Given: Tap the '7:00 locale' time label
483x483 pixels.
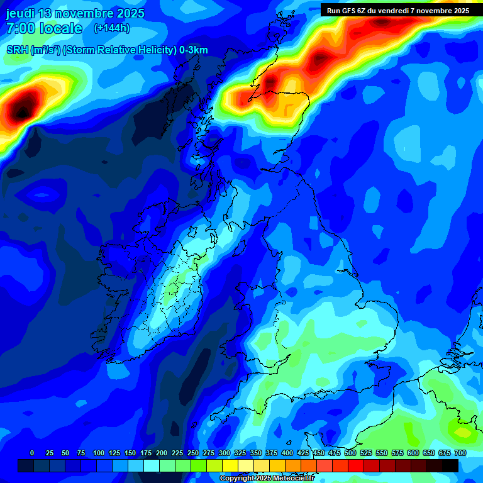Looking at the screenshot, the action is pos(44,28).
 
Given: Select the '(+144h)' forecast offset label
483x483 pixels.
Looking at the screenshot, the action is pos(112,28).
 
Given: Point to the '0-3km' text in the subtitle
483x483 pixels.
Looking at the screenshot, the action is pos(193,50).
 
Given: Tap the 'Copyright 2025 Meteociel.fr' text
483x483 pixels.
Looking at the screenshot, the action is pos(267,479).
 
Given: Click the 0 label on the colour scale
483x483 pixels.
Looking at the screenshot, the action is pos(32,453).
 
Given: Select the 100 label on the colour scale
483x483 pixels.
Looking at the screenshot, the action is pos(99,453).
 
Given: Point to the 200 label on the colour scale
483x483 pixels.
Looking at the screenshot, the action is pos(162,453).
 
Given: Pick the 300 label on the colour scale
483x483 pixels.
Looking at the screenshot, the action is pos(225,453).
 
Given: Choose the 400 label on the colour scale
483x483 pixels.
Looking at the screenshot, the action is pos(287,453).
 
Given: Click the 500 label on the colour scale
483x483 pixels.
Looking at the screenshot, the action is pos(350,453).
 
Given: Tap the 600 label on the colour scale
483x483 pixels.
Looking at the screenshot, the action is pos(413,453).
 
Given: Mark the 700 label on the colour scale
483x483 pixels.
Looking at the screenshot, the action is pos(460,453).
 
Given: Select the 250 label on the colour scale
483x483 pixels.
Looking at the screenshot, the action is pos(193,453).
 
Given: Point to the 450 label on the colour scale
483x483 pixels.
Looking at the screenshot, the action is pos(319,453).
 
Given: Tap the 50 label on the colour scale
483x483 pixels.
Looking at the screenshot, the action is pos(65,453).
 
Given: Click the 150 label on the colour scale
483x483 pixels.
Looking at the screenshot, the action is pos(130,453).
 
